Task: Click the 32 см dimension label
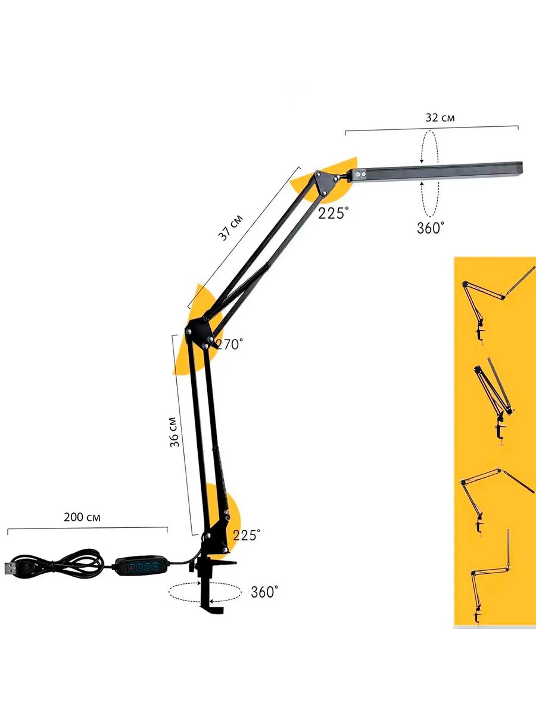click(x=440, y=117)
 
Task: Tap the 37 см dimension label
click(x=230, y=228)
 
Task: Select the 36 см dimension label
click(x=174, y=432)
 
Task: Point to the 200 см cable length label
click(x=82, y=517)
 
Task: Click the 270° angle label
click(x=229, y=344)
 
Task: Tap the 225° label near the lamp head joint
click(x=334, y=213)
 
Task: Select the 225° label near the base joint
click(x=247, y=535)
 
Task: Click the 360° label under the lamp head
click(x=431, y=228)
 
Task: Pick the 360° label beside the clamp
click(x=264, y=592)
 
